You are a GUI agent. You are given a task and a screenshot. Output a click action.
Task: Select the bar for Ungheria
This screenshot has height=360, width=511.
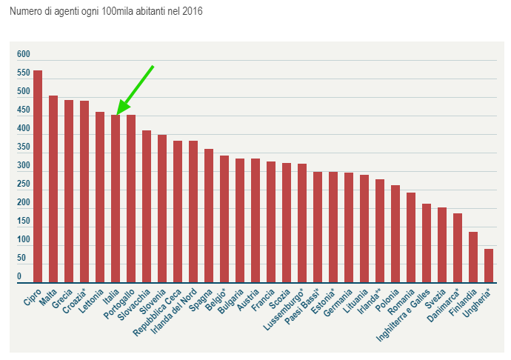[x=489, y=266]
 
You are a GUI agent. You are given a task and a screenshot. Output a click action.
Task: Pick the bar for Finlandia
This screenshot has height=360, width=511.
[x=473, y=257]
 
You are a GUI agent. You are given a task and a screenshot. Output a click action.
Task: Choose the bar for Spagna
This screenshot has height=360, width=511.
[x=209, y=216]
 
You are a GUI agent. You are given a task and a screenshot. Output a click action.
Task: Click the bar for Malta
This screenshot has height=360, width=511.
[x=53, y=189]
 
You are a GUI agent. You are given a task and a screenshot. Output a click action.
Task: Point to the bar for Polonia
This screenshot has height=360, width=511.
[x=395, y=233]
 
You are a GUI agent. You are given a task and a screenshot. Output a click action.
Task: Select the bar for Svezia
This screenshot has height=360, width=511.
[x=442, y=244]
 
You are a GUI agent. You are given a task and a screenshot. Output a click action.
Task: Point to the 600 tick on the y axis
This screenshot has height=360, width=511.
[x=24, y=55]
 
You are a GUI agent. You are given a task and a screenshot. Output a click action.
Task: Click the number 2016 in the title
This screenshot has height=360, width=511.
[x=191, y=13]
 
